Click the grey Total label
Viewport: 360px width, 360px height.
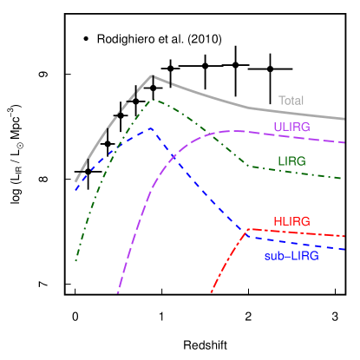point(291,101)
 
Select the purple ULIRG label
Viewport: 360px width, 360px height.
point(291,127)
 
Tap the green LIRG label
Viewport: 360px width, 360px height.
point(291,161)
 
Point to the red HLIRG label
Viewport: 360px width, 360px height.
point(291,221)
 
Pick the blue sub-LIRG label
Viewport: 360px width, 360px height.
point(291,256)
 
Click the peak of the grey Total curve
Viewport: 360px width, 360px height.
point(153,75)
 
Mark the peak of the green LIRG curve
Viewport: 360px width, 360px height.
point(154,99)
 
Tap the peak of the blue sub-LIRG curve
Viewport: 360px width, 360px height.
point(151,128)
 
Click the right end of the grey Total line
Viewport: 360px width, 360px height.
point(345,119)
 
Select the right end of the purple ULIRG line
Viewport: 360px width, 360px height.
point(345,142)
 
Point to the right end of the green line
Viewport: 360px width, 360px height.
point(345,179)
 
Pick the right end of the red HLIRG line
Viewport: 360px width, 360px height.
point(345,236)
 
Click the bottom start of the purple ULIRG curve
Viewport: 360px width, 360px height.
point(118,293)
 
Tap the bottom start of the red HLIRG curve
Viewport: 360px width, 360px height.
point(211,293)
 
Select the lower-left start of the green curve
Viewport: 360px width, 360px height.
point(75,260)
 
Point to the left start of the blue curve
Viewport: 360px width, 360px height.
point(75,189)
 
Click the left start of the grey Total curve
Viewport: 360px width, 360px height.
point(75,181)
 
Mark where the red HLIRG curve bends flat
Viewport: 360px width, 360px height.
point(248,229)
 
